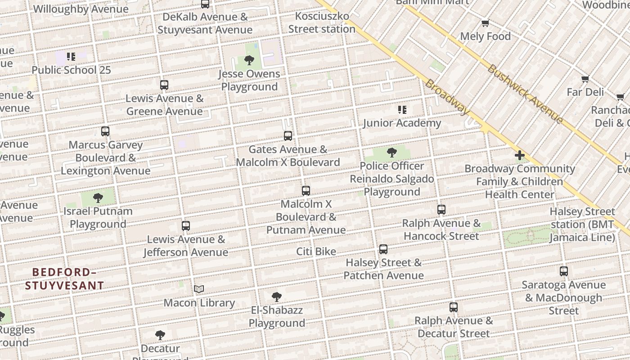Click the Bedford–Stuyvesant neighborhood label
[x=64, y=279]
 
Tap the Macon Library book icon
[x=199, y=289]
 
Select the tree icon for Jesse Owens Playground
[x=249, y=60]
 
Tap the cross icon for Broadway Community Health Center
[x=520, y=156]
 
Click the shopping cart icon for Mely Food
[x=485, y=23]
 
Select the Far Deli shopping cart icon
[x=585, y=79]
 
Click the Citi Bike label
[x=316, y=251]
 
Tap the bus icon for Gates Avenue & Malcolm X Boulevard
[x=288, y=135]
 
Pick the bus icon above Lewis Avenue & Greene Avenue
[x=164, y=85]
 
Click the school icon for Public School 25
[x=71, y=57]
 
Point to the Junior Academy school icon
[x=402, y=109]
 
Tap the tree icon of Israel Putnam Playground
[x=98, y=198]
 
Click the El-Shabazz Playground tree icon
[x=277, y=297]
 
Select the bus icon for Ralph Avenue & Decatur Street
[x=454, y=307]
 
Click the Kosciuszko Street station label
[x=322, y=22]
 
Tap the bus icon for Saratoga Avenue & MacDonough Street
[x=564, y=271]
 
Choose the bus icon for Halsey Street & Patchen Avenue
[x=383, y=249]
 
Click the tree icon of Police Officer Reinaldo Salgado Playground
[x=392, y=153]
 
